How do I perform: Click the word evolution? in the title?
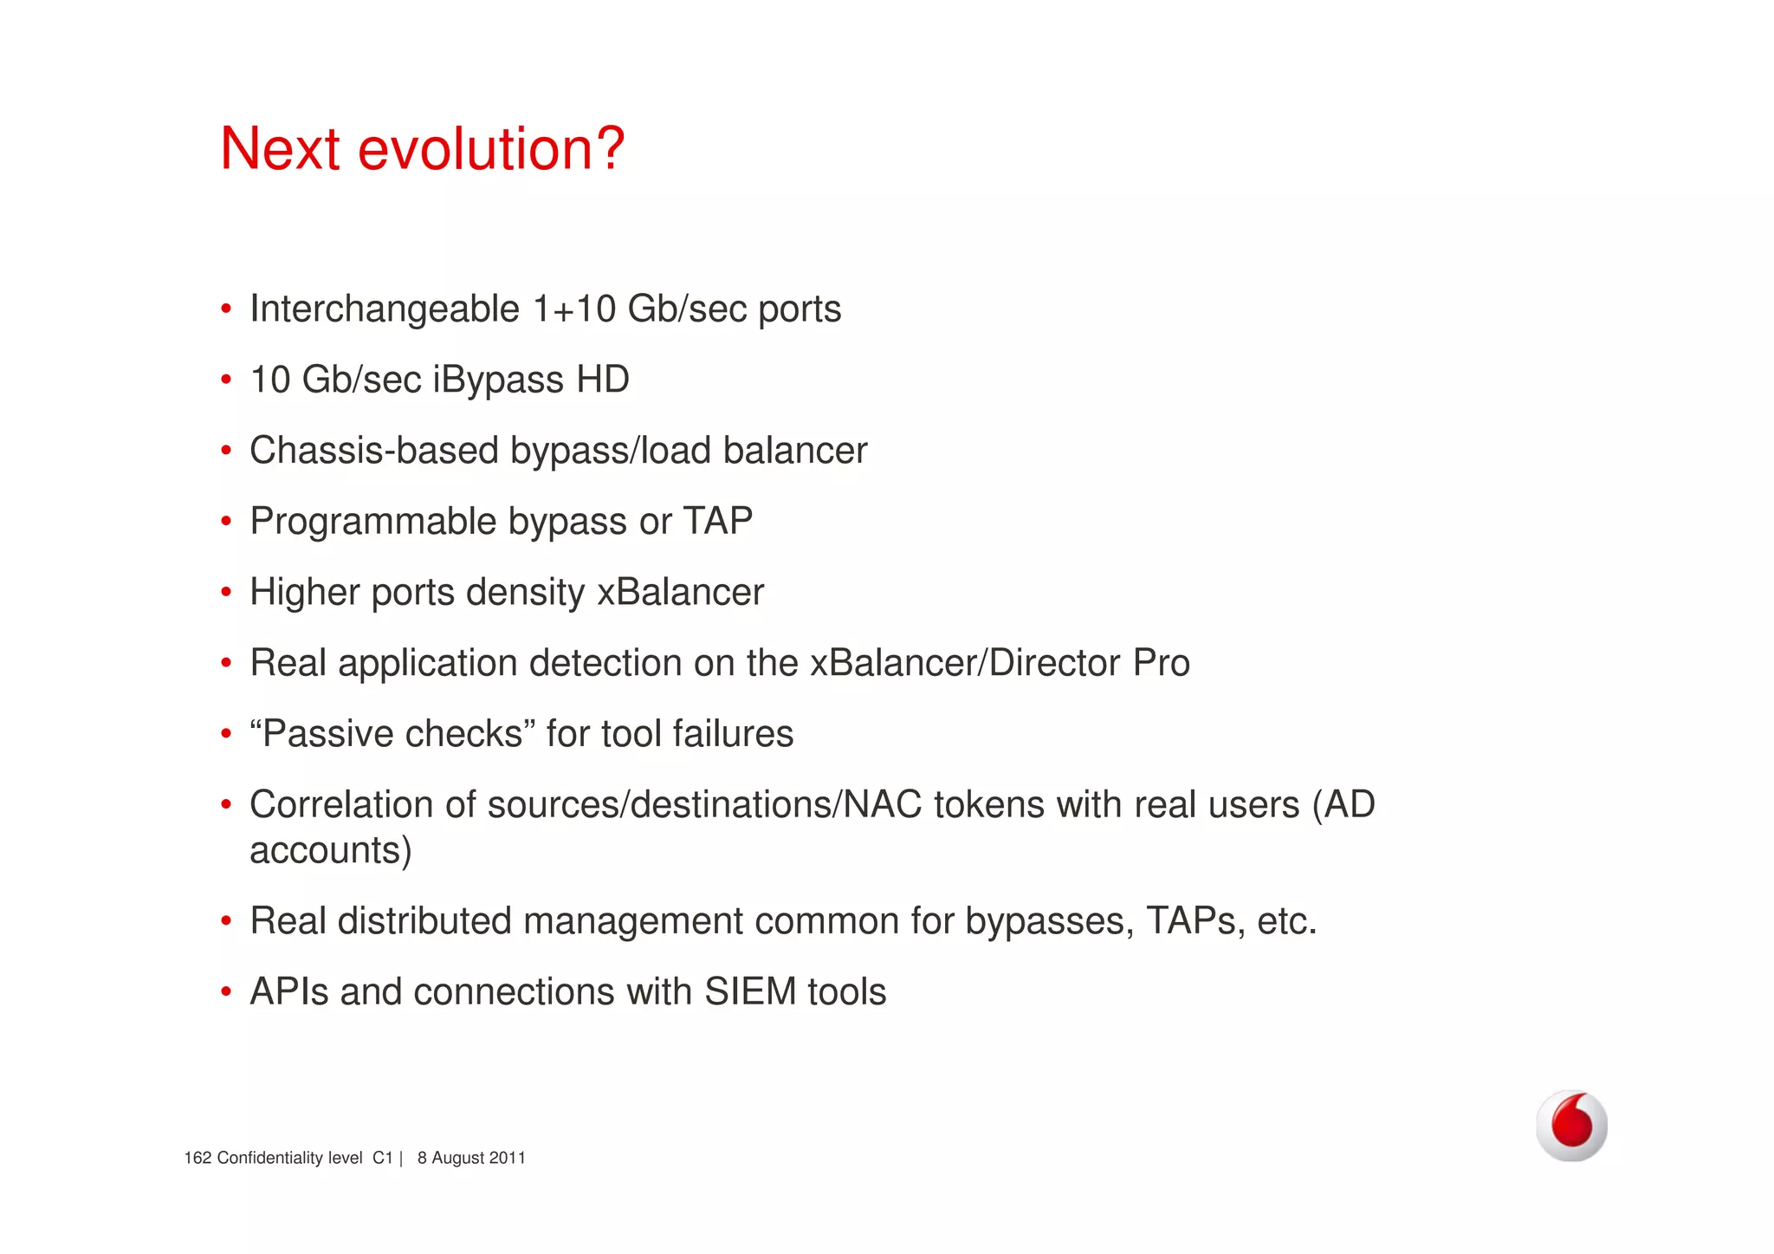coord(491,149)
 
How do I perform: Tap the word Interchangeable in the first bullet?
coord(385,309)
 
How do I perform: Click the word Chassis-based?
coord(374,451)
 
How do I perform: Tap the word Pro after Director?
coord(1162,663)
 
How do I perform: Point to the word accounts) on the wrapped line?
coord(330,850)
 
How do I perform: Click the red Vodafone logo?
coord(1571,1125)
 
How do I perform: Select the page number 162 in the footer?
coord(197,1159)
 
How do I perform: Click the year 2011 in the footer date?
coord(507,1159)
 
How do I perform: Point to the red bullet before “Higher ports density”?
coord(226,593)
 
